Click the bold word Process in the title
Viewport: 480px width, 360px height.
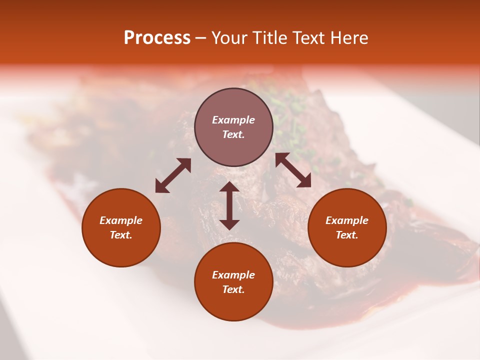(x=157, y=37)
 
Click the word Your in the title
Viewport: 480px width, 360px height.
(x=229, y=37)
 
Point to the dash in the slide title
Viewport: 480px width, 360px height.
(x=200, y=38)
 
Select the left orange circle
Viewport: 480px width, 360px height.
(x=121, y=227)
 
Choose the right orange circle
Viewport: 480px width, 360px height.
(x=347, y=227)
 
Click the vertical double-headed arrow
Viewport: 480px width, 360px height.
(x=229, y=205)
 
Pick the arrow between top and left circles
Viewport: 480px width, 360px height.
(x=173, y=175)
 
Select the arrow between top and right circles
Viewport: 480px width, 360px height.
(x=293, y=170)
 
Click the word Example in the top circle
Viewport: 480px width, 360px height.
(x=233, y=120)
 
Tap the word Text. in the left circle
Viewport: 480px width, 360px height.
(x=121, y=235)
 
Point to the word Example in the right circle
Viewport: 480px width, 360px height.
(x=347, y=220)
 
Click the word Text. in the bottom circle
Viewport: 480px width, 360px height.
(x=233, y=289)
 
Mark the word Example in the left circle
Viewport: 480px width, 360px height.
(x=121, y=220)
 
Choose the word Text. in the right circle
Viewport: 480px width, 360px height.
(x=347, y=235)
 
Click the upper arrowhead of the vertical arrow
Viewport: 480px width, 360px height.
(x=229, y=187)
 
